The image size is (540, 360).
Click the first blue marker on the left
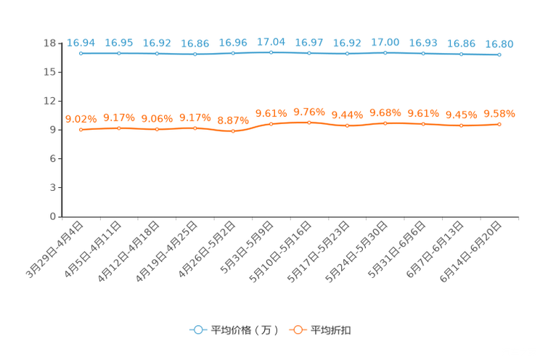81,53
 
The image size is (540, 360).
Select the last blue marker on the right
499,54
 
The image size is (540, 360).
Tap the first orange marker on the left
81,129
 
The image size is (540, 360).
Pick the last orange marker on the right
499,125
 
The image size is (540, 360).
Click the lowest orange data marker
233,131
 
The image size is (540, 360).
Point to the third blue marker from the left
157,54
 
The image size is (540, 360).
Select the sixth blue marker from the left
271,52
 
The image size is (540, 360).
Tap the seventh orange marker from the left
309,123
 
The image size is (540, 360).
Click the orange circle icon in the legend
297,330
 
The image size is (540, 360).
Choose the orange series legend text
332,330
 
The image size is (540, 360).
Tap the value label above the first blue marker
81,43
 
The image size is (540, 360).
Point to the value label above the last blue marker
499,44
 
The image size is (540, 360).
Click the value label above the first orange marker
81,118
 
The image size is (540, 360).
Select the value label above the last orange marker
499,114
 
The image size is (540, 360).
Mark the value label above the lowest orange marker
233,120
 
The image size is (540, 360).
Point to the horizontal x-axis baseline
290,216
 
